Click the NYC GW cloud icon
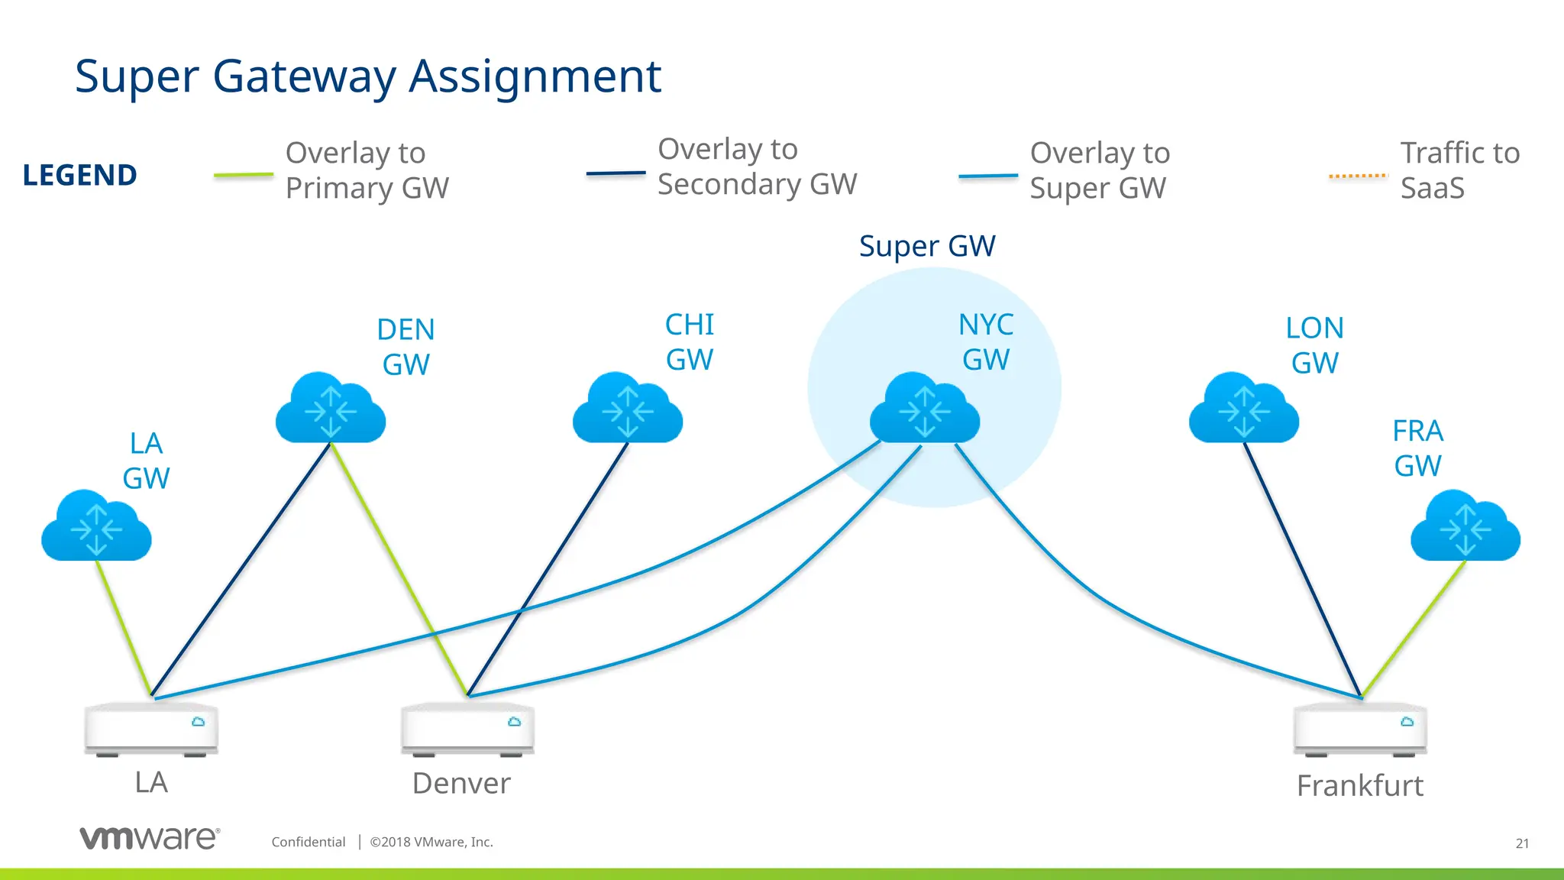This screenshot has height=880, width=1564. coord(925,409)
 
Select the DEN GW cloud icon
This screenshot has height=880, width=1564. coord(330,409)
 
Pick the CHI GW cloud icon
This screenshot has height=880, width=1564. coord(627,409)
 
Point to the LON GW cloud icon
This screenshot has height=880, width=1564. coord(1243,409)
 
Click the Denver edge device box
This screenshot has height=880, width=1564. coord(467,728)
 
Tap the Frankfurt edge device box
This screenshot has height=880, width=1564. coord(1360,728)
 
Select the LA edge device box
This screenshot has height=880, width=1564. coord(151,728)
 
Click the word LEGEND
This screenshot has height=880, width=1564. coord(79,175)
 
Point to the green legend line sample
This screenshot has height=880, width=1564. coord(243,175)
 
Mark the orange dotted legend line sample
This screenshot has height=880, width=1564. coord(1358,176)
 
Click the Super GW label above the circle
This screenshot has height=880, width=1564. coord(926,246)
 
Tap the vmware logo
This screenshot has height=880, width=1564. coord(150,838)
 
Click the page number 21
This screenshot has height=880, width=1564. coord(1521,843)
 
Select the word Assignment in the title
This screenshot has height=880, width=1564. coord(535,76)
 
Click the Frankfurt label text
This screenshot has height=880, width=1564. coord(1359,785)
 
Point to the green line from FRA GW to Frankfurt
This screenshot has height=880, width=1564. coord(1413,629)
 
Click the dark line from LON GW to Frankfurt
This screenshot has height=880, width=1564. coord(1302,569)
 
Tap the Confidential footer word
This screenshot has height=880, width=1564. coord(309,842)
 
